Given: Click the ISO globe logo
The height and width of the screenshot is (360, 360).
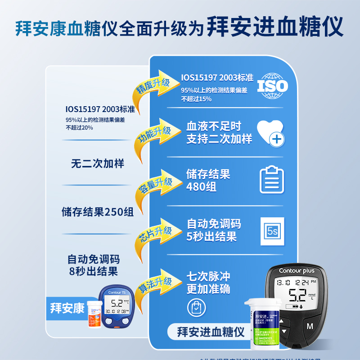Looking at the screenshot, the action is click(273, 85).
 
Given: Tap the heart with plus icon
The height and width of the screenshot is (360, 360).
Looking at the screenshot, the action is click(271, 133).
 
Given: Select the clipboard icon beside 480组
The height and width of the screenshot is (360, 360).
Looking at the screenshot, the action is click(272, 180).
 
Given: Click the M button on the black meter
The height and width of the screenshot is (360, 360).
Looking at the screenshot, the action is click(310, 325).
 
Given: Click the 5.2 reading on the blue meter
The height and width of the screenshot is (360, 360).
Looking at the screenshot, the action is click(117, 303).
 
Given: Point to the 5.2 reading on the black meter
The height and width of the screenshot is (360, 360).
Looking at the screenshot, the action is click(297, 295).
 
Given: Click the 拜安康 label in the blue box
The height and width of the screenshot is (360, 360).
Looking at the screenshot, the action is click(67, 309).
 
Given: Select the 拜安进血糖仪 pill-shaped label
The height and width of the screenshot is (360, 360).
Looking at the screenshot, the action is click(207, 333).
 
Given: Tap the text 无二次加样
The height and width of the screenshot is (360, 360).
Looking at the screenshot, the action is click(97, 163).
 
